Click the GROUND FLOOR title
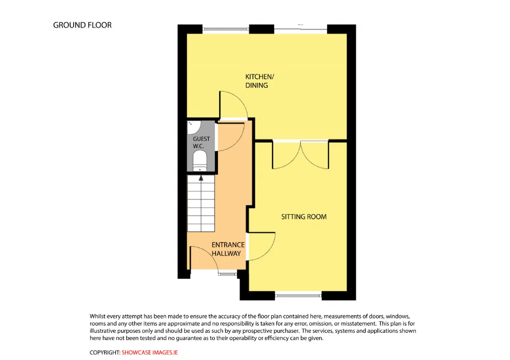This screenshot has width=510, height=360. point(82,25)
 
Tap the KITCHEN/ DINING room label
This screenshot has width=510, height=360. point(259,81)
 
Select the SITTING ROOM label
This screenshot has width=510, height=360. point(304,217)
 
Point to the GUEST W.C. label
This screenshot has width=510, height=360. point(201,143)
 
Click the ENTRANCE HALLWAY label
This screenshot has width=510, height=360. point(228,249)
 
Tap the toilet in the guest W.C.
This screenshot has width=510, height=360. point(200,160)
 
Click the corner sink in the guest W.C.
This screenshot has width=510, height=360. point(194,127)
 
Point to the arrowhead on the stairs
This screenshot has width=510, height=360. point(201,178)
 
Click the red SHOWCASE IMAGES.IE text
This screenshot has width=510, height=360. point(149,352)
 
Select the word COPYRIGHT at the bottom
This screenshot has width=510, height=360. point(105,352)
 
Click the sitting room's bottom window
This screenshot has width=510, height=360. point(298,295)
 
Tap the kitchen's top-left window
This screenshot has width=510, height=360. point(226,29)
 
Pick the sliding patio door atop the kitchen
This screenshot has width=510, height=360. point(300,29)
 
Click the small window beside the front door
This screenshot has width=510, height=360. point(228,274)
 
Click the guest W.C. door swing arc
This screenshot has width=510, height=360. point(239,141)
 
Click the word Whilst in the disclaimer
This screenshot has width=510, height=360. point(98,316)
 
